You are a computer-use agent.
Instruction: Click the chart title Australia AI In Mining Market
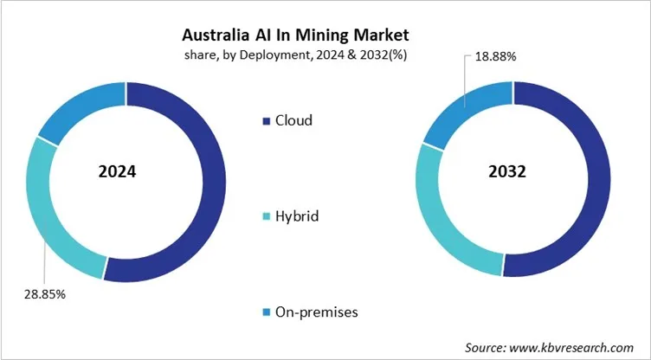pyautogui.click(x=295, y=36)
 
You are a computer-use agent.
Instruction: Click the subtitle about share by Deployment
pyautogui.click(x=295, y=55)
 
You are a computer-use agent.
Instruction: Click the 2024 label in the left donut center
pyautogui.click(x=118, y=171)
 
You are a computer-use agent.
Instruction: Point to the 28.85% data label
pyautogui.click(x=40, y=293)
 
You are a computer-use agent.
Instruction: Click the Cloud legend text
pyautogui.click(x=293, y=120)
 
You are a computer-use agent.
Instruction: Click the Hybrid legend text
pyautogui.click(x=297, y=215)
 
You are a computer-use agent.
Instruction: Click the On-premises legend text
pyautogui.click(x=315, y=311)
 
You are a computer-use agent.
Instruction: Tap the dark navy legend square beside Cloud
pyautogui.click(x=264, y=120)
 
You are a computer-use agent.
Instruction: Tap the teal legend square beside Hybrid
pyautogui.click(x=264, y=215)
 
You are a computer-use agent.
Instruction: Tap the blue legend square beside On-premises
pyautogui.click(x=264, y=311)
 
